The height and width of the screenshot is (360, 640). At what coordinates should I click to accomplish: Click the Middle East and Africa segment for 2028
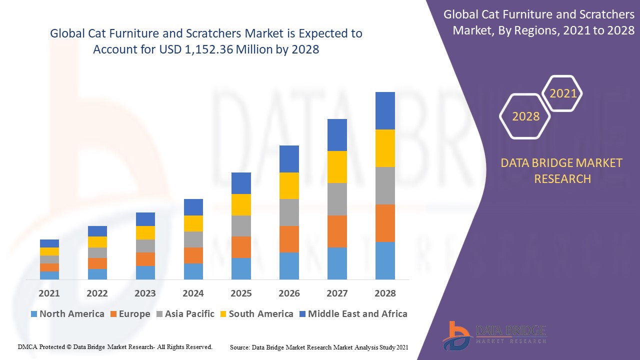tap(385, 110)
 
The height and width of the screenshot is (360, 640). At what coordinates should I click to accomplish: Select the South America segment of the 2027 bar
tap(337, 167)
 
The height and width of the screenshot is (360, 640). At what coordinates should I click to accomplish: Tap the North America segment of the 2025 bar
tap(241, 268)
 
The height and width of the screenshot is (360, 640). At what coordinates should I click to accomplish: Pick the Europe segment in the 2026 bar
tap(289, 239)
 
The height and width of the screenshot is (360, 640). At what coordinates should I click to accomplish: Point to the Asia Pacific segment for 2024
tap(193, 239)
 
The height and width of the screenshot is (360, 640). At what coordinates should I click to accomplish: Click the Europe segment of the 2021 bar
tap(49, 267)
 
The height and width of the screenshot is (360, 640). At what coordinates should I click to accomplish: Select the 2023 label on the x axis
tap(145, 293)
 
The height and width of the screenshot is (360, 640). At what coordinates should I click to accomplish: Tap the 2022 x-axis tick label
tap(97, 293)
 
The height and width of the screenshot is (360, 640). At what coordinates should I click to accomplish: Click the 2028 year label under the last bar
tap(385, 293)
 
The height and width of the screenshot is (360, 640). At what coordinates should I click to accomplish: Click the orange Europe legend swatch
tap(113, 314)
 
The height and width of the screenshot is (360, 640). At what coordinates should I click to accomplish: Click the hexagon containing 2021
tap(563, 93)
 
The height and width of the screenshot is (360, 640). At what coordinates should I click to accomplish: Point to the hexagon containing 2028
tap(525, 116)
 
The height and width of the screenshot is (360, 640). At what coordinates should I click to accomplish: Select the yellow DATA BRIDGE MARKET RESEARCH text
tap(562, 170)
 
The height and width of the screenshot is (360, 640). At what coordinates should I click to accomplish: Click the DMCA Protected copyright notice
tap(115, 346)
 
